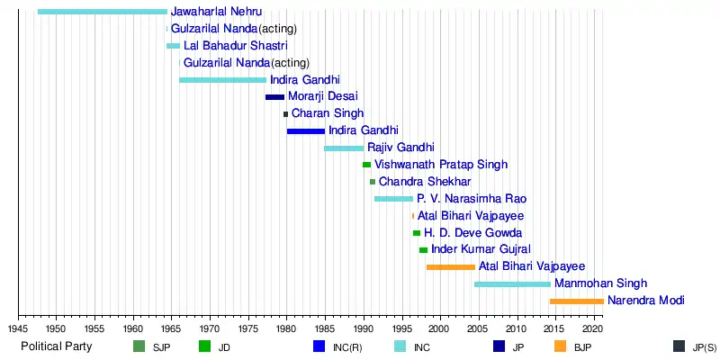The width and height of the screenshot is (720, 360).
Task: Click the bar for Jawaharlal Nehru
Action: (103, 12)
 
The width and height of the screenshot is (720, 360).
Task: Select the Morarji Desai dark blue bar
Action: (274, 97)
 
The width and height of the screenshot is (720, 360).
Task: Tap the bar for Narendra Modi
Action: (577, 301)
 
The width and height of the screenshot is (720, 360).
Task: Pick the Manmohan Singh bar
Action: (512, 284)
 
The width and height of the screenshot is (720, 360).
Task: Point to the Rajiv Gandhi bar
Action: (344, 148)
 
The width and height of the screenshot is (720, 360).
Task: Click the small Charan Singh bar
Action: (286, 114)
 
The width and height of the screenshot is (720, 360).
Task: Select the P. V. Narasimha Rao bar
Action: (393, 199)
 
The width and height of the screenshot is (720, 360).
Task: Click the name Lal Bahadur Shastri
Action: (236, 46)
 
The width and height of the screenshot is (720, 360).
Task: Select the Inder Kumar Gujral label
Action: (481, 249)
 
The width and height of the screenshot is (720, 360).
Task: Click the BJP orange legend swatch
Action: (560, 346)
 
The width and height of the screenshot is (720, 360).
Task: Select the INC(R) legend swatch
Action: (319, 346)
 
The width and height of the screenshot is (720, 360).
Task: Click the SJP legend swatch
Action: (139, 346)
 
